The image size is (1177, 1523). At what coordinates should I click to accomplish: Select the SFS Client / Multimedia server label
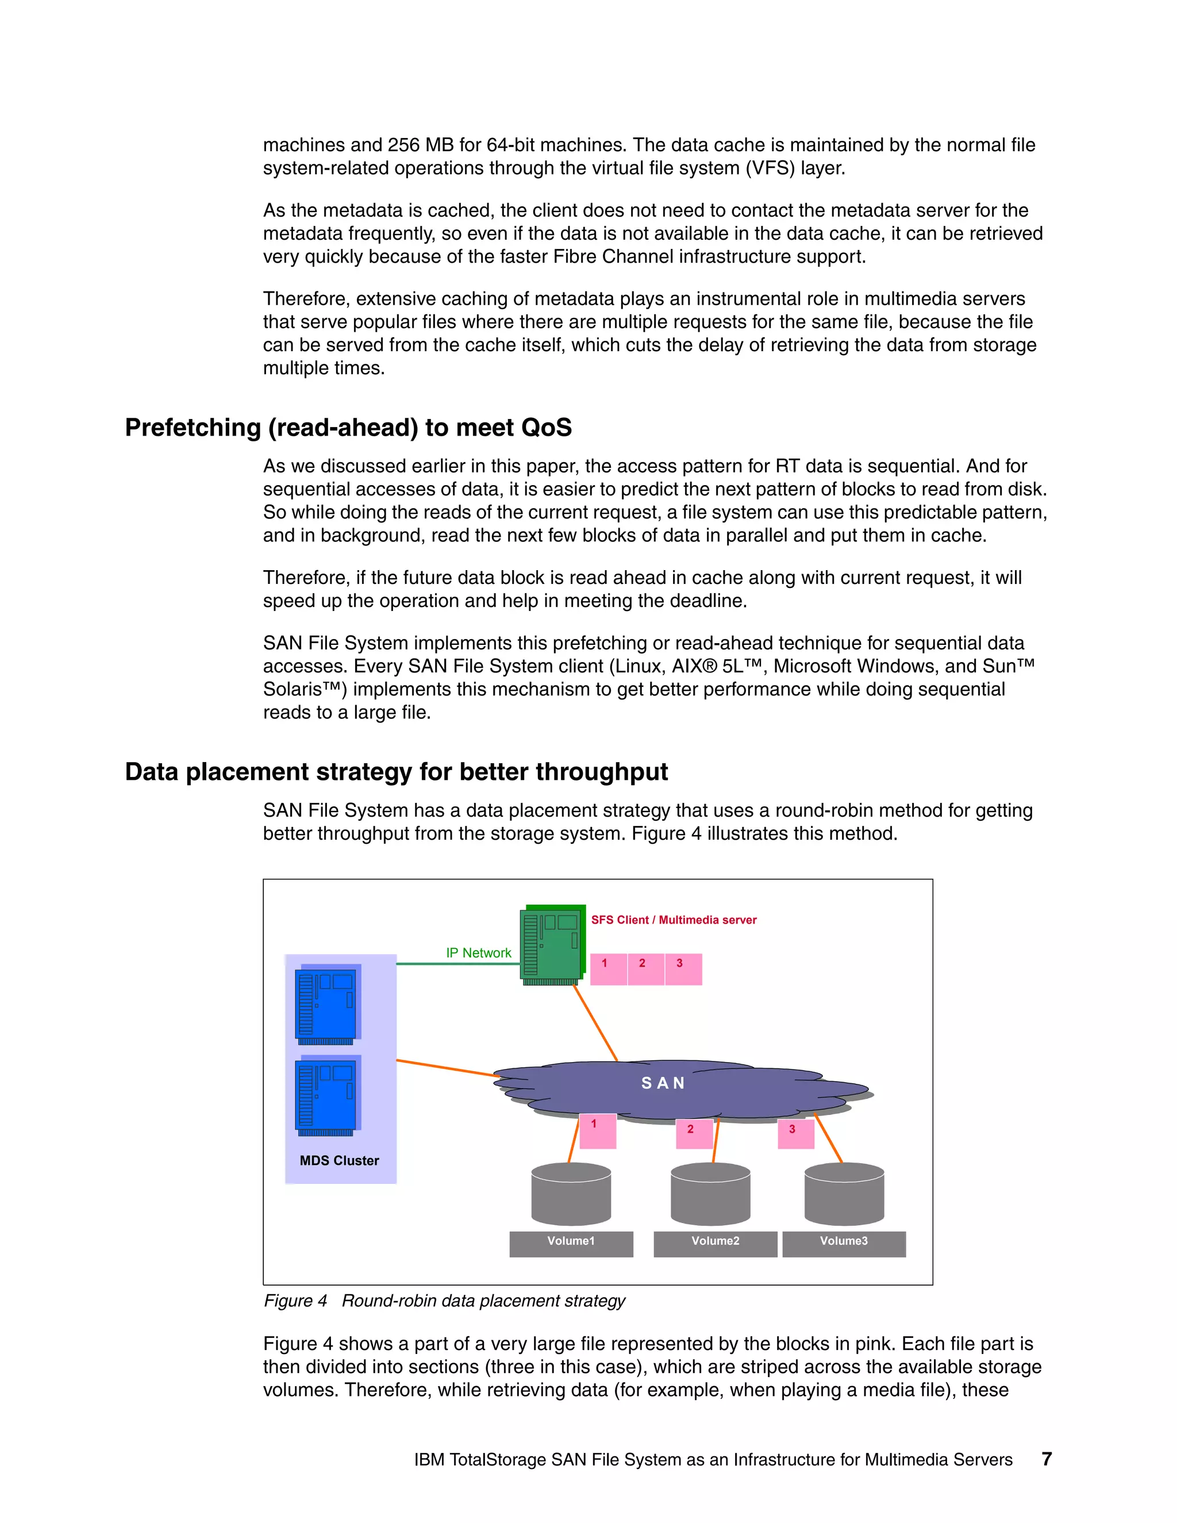674,920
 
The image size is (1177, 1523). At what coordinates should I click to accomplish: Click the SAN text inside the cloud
663,1083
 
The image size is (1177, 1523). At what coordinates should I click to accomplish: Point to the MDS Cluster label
340,1160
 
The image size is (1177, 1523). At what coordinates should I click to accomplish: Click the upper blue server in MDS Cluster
326,1003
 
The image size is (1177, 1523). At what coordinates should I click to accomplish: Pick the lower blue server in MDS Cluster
326,1095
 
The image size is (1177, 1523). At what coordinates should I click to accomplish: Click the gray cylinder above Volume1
571,1194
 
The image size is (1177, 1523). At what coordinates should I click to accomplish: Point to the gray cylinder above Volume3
844,1194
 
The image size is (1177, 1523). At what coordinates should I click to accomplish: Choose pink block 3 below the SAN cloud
795,1133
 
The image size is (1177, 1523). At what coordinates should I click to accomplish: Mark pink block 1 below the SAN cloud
598,1130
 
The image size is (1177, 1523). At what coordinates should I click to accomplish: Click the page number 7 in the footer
1046,1459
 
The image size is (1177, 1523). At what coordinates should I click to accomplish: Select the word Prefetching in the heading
193,428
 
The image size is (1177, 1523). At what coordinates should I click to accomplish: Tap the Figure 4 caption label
295,1301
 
